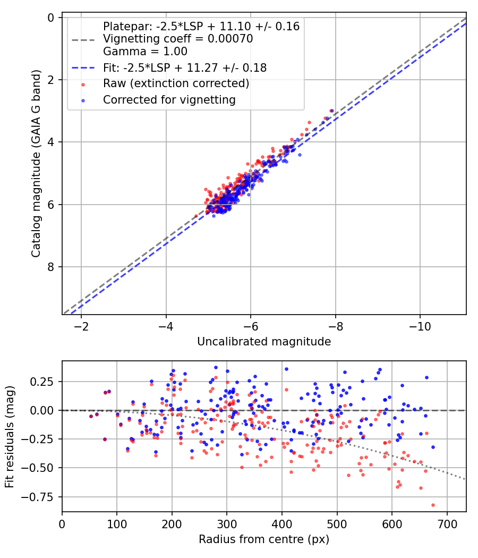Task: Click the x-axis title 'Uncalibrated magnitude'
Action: pos(264,342)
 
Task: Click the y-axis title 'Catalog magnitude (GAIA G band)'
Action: pos(36,166)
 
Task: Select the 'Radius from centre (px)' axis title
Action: pos(264,539)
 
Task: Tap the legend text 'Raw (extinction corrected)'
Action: pos(176,83)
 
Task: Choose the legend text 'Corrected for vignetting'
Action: pos(169,99)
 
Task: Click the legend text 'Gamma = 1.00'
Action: pos(145,52)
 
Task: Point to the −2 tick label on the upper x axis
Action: pos(81,325)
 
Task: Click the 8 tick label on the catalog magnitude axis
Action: pos(51,267)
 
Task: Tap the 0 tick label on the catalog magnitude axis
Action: pos(51,18)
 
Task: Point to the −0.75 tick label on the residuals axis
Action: pos(44,497)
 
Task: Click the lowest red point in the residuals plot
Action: pos(433,505)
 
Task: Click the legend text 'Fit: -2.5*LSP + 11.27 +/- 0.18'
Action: pos(185,68)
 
